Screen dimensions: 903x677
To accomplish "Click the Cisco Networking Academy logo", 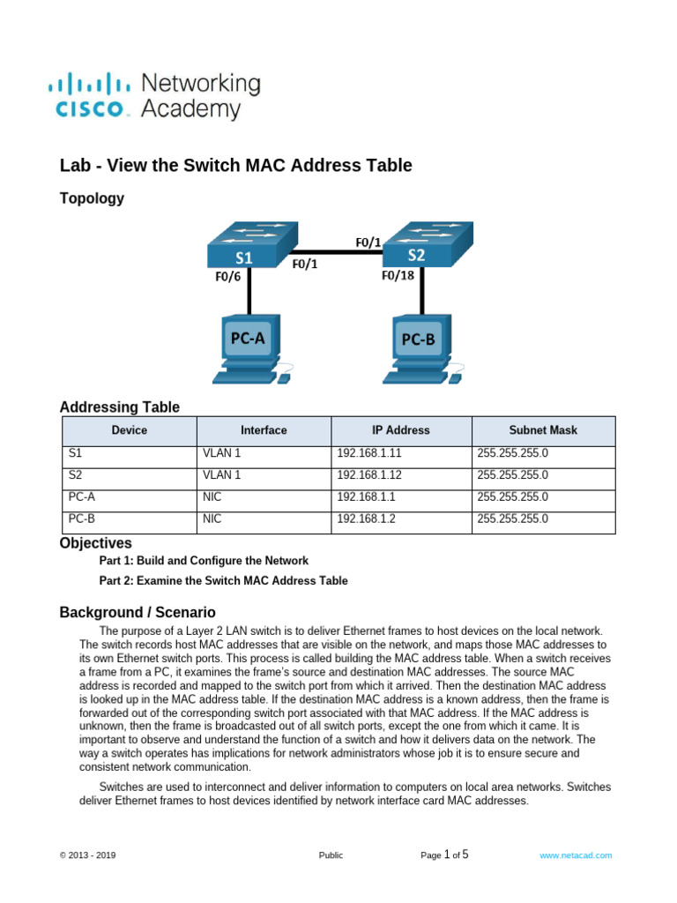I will tap(153, 96).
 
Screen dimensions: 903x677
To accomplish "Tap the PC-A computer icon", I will tap(249, 348).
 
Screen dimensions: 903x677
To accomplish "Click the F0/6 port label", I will tap(228, 274).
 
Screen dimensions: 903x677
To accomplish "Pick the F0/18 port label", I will tap(398, 274).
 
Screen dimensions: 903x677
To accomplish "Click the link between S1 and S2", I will tap(339, 252).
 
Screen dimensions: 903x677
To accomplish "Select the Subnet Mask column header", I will tap(543, 430).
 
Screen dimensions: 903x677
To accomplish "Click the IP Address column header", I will tap(401, 430).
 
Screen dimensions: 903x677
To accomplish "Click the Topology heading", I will tap(92, 198).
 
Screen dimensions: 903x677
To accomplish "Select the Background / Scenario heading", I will tap(137, 612).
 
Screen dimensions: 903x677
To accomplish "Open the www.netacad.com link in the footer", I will tap(576, 855).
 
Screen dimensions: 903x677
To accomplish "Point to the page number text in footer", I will tap(445, 854).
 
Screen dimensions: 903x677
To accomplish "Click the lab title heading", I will tap(235, 165).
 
